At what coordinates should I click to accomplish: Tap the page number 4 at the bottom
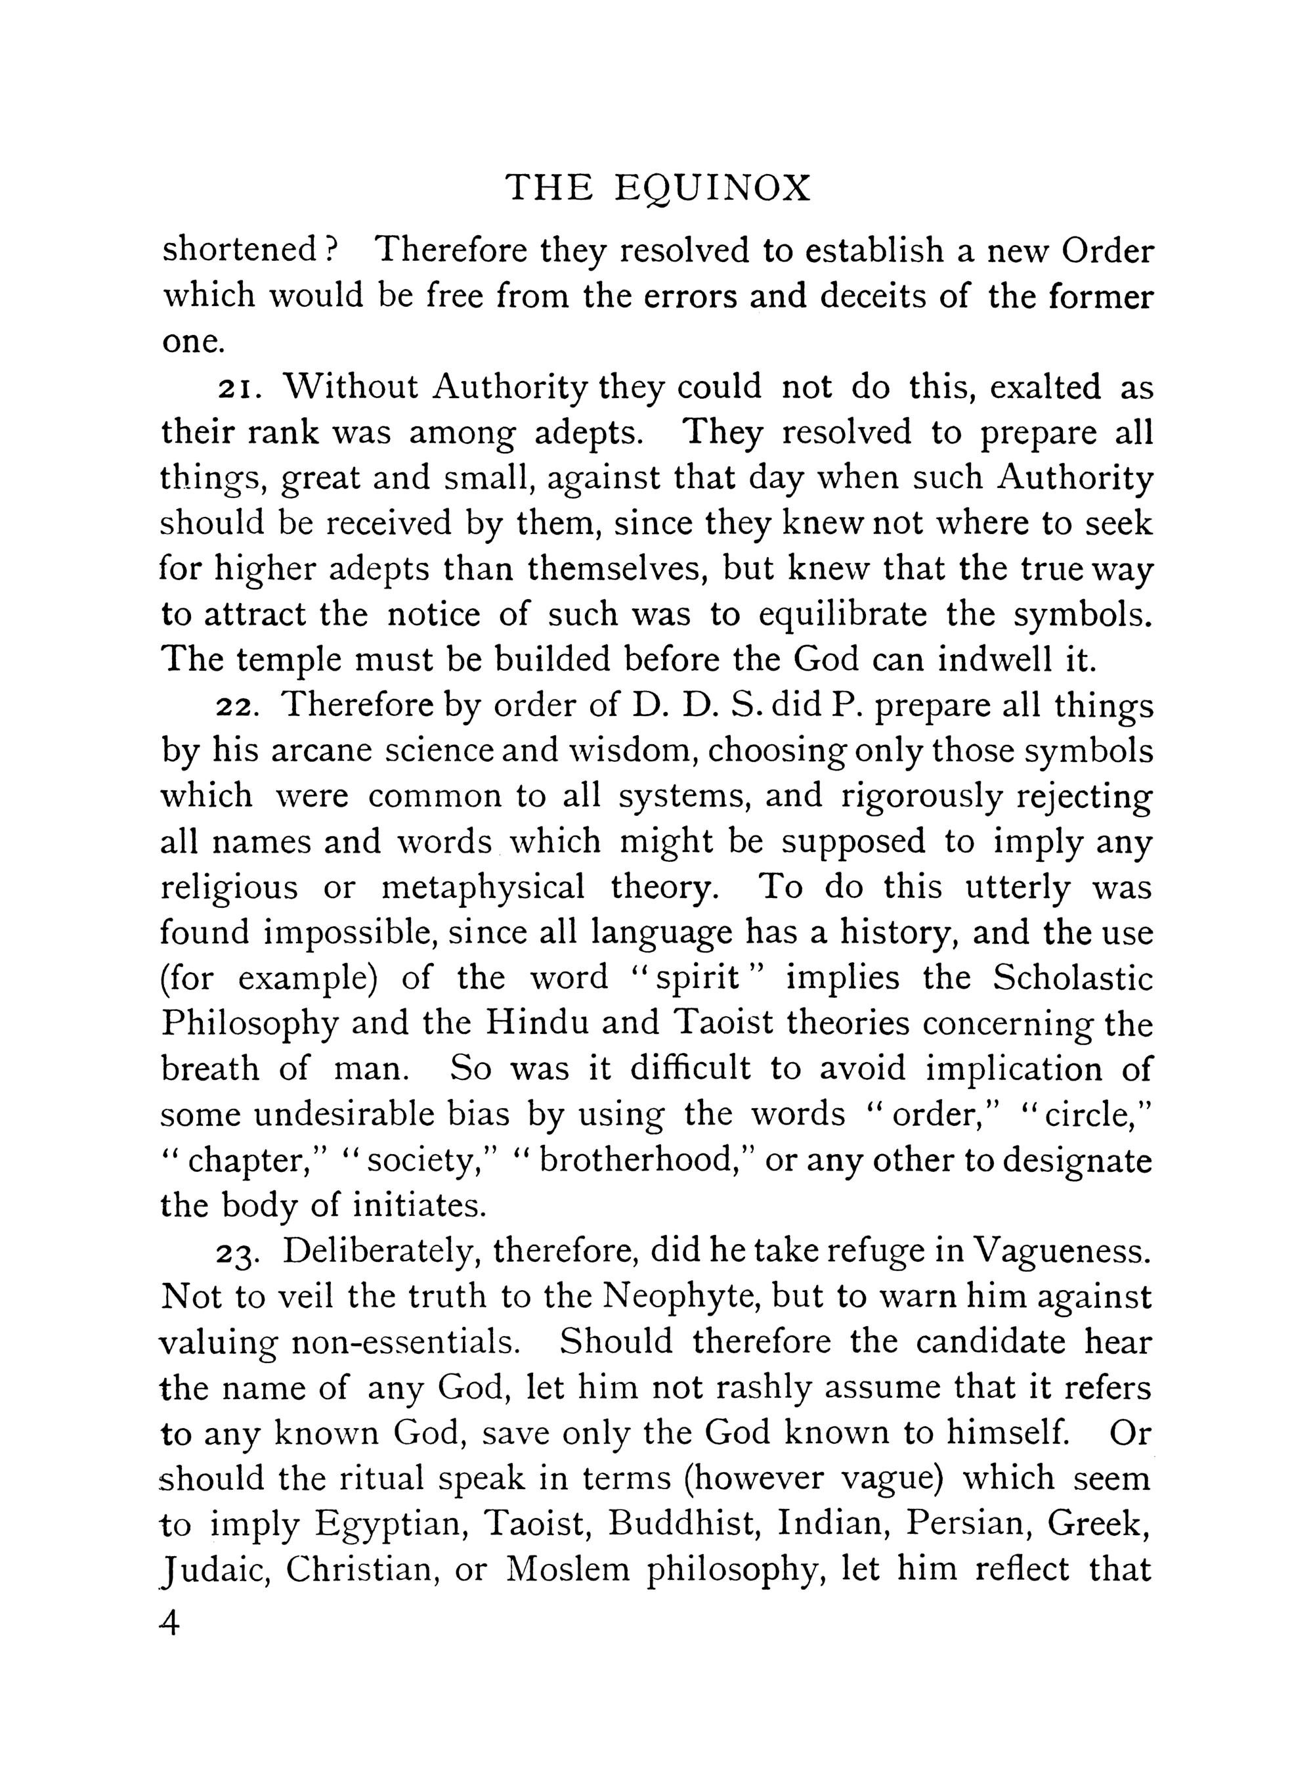pos(170,1624)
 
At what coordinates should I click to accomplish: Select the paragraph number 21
pos(236,389)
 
